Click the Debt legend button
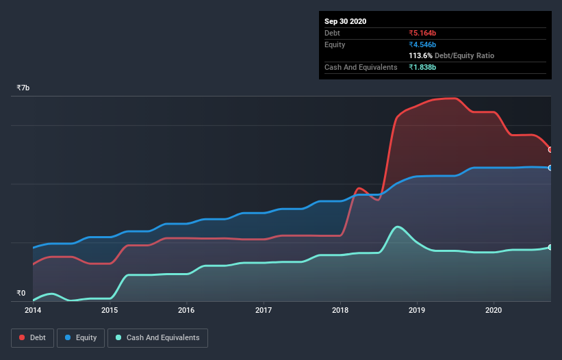pyautogui.click(x=31, y=337)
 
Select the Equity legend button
pyautogui.click(x=81, y=337)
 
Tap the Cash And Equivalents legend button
pyautogui.click(x=157, y=337)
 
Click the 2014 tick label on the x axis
pyautogui.click(x=33, y=310)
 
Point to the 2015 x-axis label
pyautogui.click(x=110, y=310)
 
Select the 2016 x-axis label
pyautogui.click(x=186, y=310)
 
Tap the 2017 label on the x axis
pyautogui.click(x=263, y=310)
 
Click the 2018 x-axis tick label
pyautogui.click(x=340, y=310)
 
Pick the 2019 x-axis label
pyautogui.click(x=417, y=310)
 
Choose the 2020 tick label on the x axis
pyautogui.click(x=494, y=310)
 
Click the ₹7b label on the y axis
pyautogui.click(x=23, y=88)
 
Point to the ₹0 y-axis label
pyautogui.click(x=21, y=293)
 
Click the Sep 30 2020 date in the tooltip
pyautogui.click(x=346, y=21)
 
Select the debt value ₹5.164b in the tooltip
pyautogui.click(x=422, y=33)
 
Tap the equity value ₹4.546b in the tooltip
pyautogui.click(x=422, y=44)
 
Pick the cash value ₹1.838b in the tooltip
pyautogui.click(x=422, y=67)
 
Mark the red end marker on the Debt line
pyautogui.click(x=550, y=149)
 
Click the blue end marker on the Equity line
pyautogui.click(x=550, y=168)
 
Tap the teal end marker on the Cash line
pyautogui.click(x=550, y=247)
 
